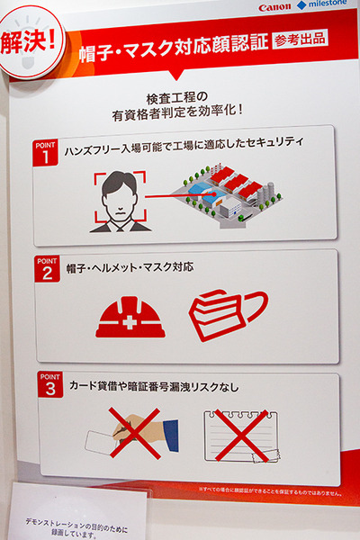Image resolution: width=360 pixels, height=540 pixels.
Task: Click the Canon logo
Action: pos(274,8)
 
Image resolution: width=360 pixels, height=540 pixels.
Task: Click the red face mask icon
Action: pos(225,314)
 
